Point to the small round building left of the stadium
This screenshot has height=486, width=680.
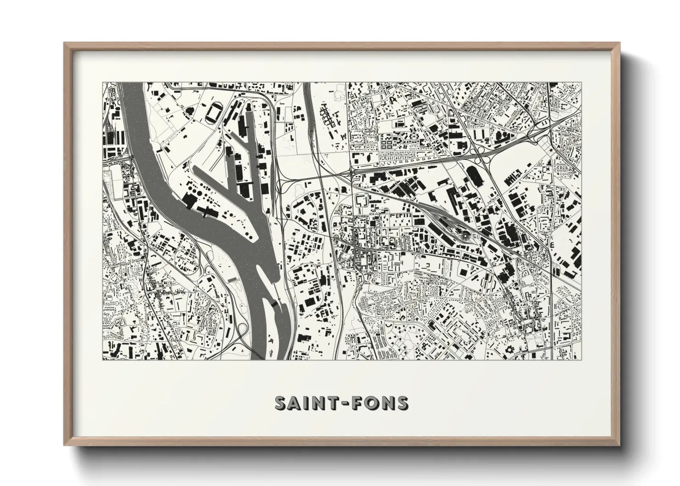188,110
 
